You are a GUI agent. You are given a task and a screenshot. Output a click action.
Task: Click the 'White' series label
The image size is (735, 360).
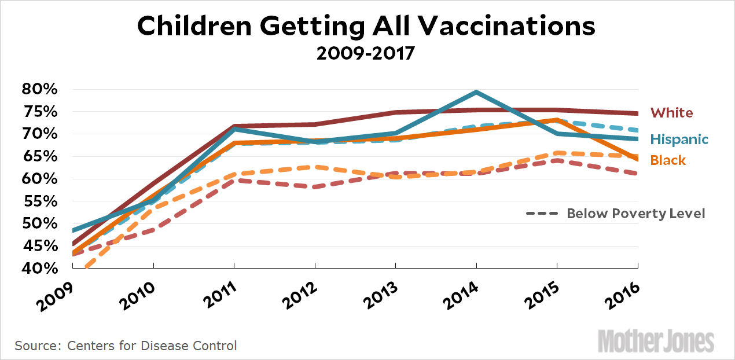click(671, 113)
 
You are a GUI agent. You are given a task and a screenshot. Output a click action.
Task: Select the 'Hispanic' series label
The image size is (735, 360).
click(679, 139)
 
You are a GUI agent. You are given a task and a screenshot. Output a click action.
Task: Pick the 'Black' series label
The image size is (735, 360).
click(668, 160)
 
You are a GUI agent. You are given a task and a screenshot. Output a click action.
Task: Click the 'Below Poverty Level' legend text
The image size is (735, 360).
click(635, 214)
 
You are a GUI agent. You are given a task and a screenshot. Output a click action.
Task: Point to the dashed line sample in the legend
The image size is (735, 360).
click(542, 214)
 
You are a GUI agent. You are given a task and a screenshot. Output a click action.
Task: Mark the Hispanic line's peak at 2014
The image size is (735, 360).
click(476, 92)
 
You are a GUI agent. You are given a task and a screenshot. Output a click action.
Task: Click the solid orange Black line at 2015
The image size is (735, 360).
click(557, 120)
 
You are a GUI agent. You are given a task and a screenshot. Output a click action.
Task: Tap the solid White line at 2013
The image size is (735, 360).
click(395, 112)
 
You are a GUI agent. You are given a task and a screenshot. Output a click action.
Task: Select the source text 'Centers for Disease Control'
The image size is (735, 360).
click(152, 346)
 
